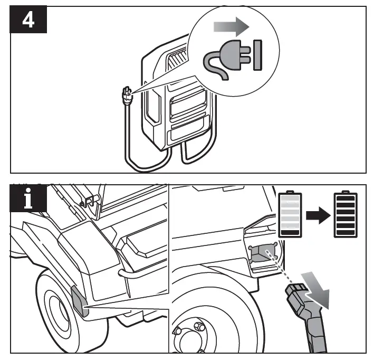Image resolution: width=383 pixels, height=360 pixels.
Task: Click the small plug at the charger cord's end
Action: coord(126,95)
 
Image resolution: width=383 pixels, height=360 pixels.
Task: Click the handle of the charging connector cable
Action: coord(317,333)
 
